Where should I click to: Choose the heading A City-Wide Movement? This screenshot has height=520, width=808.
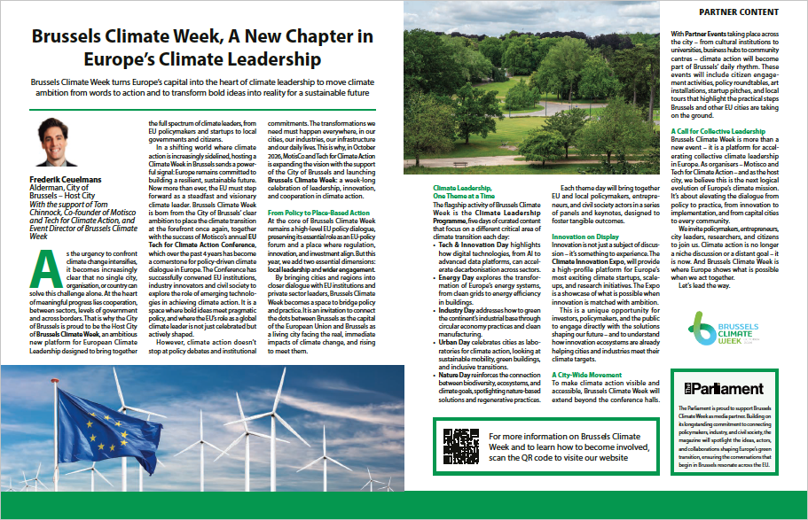click(586, 375)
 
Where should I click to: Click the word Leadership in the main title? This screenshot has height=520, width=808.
click(269, 60)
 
